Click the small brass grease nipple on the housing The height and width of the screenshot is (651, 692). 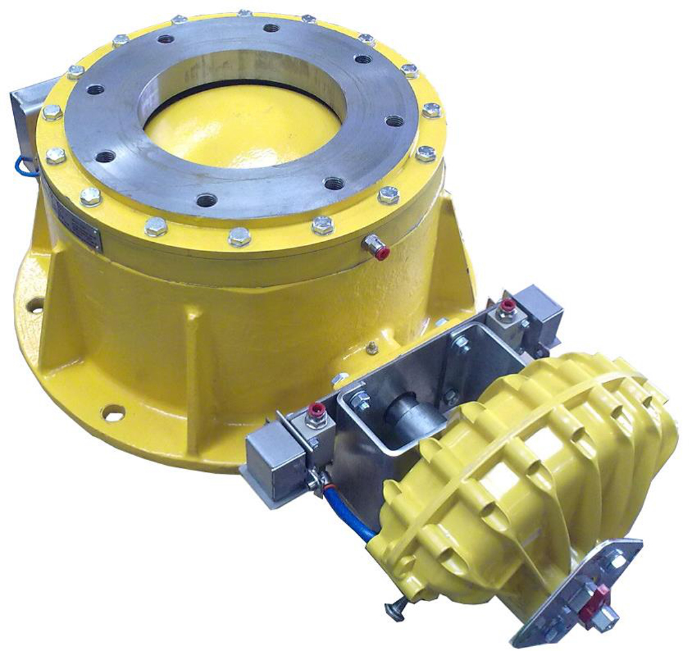click(x=373, y=347)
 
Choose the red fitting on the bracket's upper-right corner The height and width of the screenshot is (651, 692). click(x=507, y=305)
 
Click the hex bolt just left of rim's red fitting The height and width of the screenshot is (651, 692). click(x=322, y=226)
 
